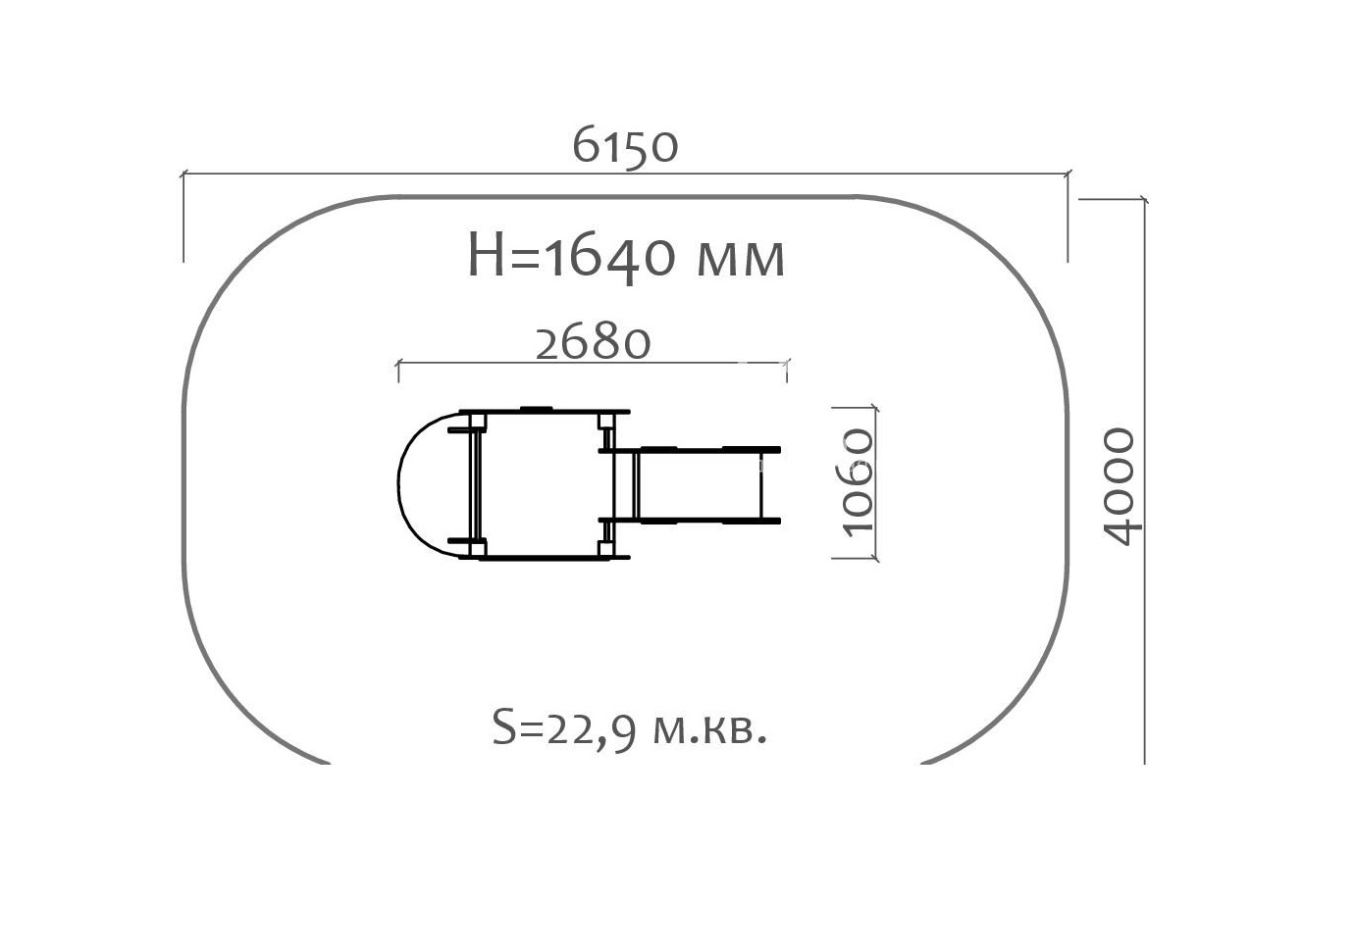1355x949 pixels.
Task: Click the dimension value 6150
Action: click(x=625, y=145)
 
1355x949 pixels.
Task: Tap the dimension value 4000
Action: click(x=1120, y=486)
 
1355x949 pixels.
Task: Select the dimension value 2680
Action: click(x=593, y=343)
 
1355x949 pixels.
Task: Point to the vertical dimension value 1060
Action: click(x=858, y=482)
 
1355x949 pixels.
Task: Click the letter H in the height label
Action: click(x=486, y=255)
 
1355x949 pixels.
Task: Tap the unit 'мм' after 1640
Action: click(x=741, y=261)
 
